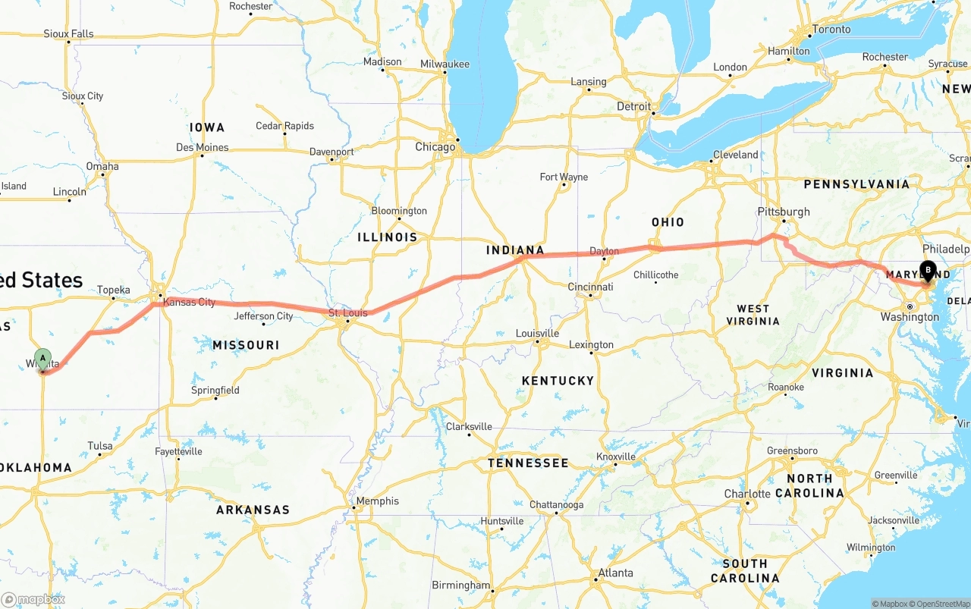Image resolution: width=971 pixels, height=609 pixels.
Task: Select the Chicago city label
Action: [435, 147]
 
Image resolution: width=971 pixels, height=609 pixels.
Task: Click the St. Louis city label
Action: [347, 312]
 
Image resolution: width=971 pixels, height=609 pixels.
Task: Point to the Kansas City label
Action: [189, 302]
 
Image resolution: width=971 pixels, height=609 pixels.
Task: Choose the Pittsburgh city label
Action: [784, 212]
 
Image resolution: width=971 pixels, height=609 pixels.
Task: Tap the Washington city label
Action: [910, 317]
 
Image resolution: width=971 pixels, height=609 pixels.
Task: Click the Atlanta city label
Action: [616, 573]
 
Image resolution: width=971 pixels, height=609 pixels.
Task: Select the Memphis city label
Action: [377, 501]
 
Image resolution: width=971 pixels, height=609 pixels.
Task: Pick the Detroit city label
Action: [633, 106]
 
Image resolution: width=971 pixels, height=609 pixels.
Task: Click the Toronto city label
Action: [831, 30]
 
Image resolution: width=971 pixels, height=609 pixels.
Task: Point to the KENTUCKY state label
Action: [558, 381]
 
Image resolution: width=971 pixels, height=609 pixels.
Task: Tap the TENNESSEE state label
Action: [528, 463]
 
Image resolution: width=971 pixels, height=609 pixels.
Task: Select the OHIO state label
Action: [668, 222]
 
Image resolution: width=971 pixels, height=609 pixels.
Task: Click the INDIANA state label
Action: [515, 250]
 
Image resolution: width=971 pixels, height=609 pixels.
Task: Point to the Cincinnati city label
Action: [590, 287]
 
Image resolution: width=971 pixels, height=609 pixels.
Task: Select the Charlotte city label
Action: [747, 494]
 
